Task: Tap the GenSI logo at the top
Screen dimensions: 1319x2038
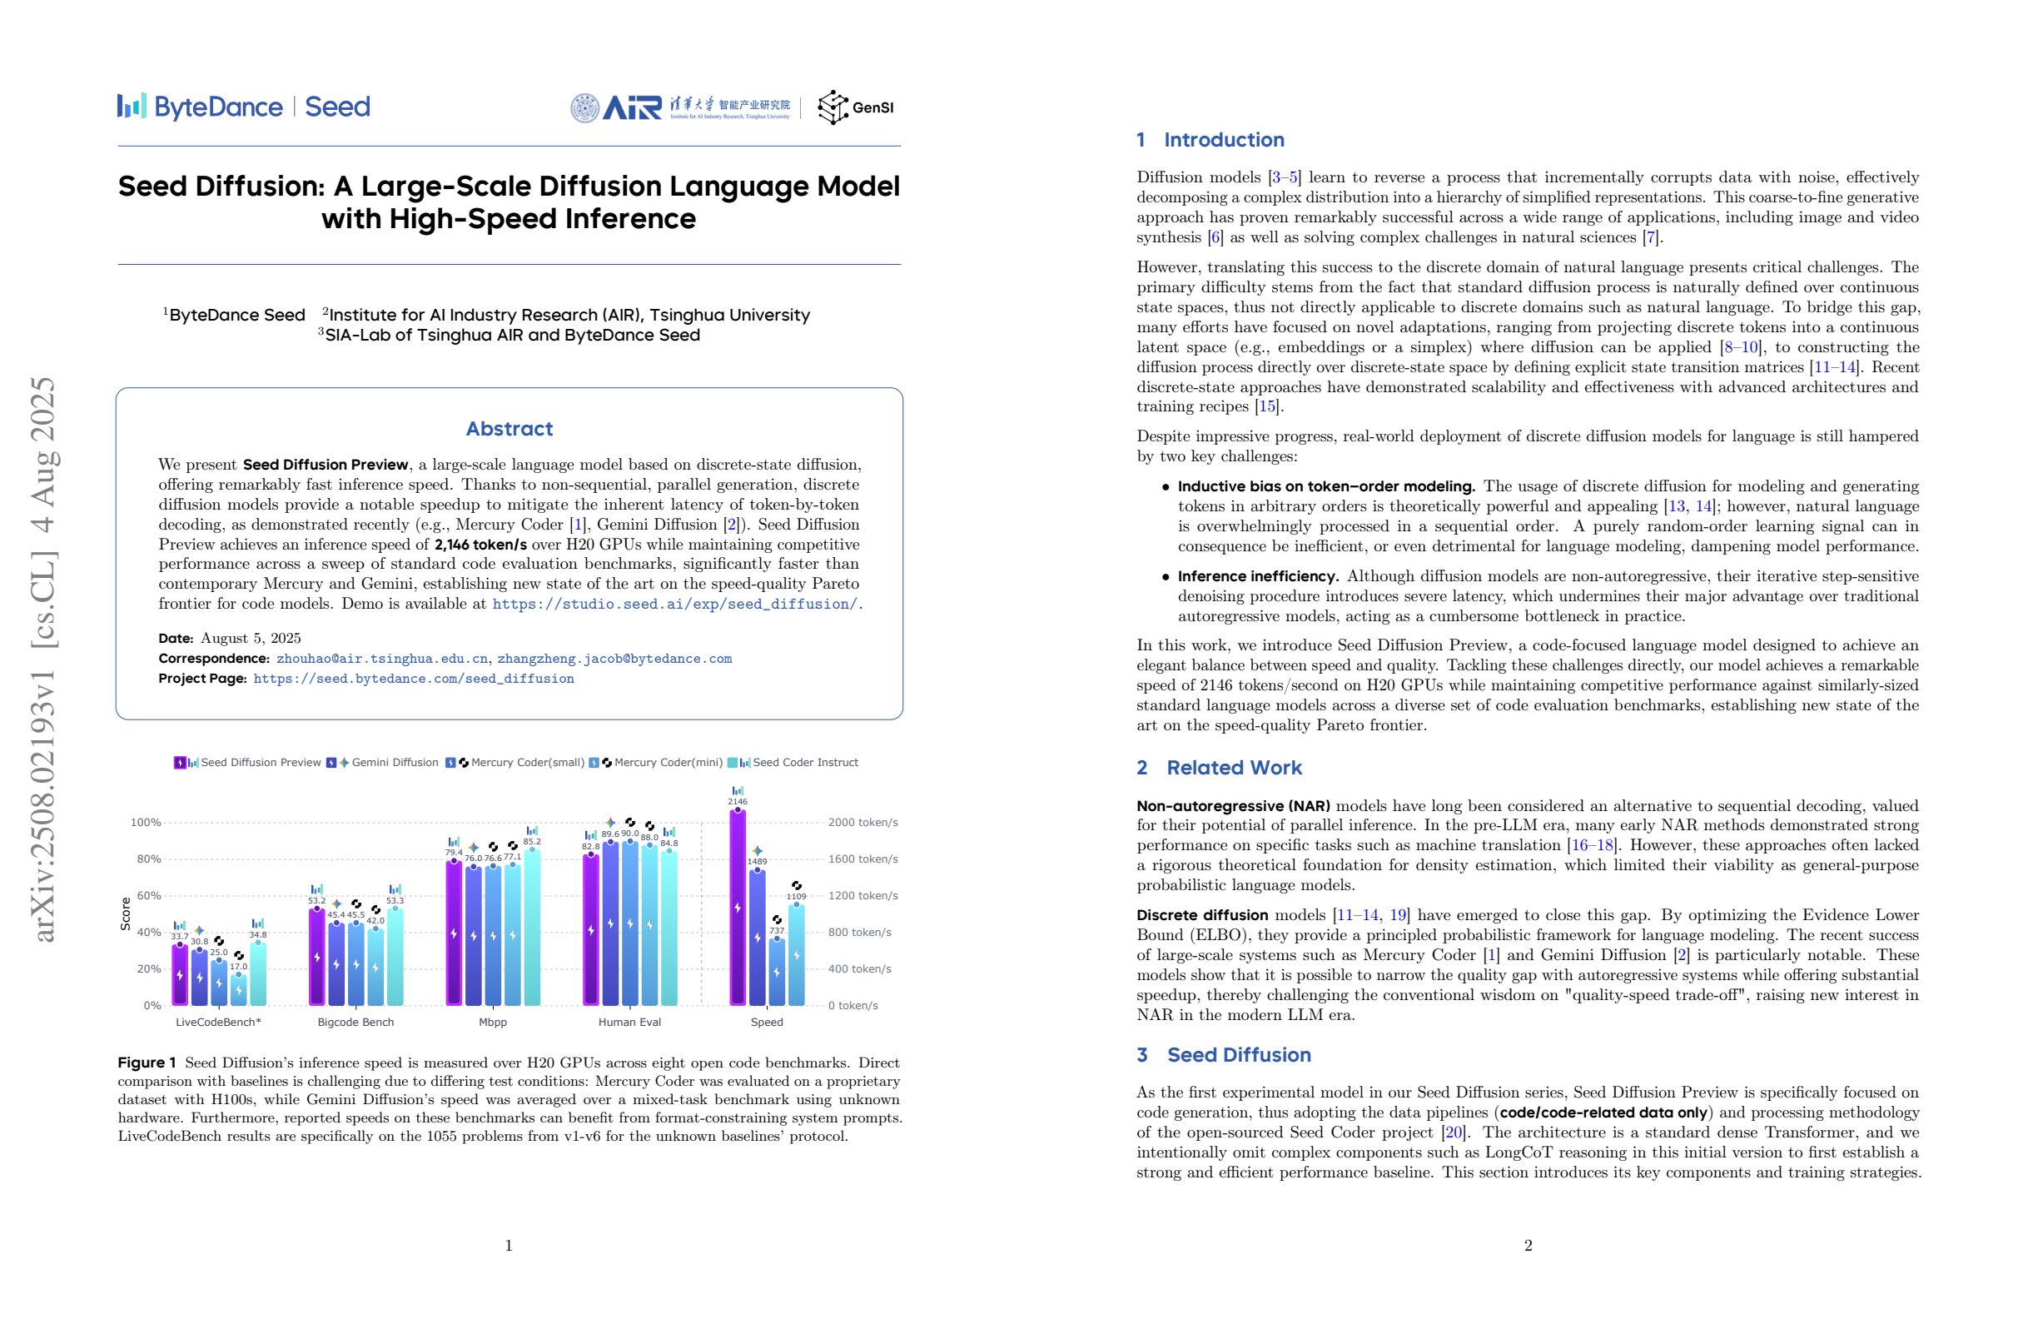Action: tap(856, 107)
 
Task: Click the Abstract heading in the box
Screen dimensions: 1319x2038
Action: tap(509, 428)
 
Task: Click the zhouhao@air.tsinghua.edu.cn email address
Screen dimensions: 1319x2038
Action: tap(382, 659)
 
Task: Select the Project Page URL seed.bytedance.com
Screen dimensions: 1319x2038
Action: tap(414, 679)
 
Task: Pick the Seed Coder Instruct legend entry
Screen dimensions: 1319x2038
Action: tap(804, 762)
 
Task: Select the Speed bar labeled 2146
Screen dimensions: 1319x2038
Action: tap(738, 908)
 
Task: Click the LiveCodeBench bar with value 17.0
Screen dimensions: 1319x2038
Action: tap(239, 989)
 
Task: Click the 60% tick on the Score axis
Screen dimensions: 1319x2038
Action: tap(148, 896)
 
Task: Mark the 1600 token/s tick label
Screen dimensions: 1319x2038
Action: tap(862, 859)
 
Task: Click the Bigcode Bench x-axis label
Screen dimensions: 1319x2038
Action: tap(355, 1022)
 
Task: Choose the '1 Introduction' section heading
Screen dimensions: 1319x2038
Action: tap(1210, 140)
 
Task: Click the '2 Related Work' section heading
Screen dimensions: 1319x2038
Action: tap(1219, 768)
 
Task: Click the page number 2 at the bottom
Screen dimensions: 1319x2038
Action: tap(1528, 1246)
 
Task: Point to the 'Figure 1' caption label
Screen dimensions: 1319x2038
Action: tap(147, 1063)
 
